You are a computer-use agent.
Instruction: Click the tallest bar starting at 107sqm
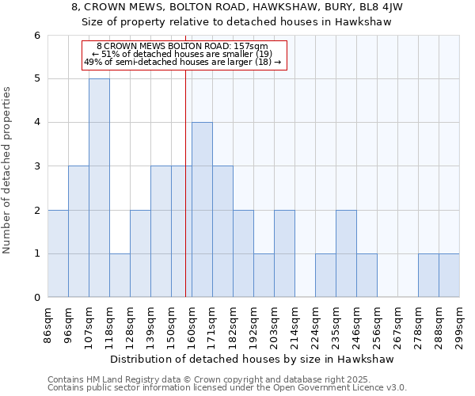(99, 188)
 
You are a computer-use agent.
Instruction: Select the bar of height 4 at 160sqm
(202, 210)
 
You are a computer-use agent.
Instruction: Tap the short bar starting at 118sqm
(120, 276)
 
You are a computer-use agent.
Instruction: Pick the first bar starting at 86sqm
(58, 253)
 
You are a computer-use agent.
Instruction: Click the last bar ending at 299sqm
(449, 276)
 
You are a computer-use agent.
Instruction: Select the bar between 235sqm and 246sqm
(346, 253)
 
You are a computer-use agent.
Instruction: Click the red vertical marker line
(185, 198)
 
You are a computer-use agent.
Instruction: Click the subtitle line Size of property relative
(237, 21)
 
